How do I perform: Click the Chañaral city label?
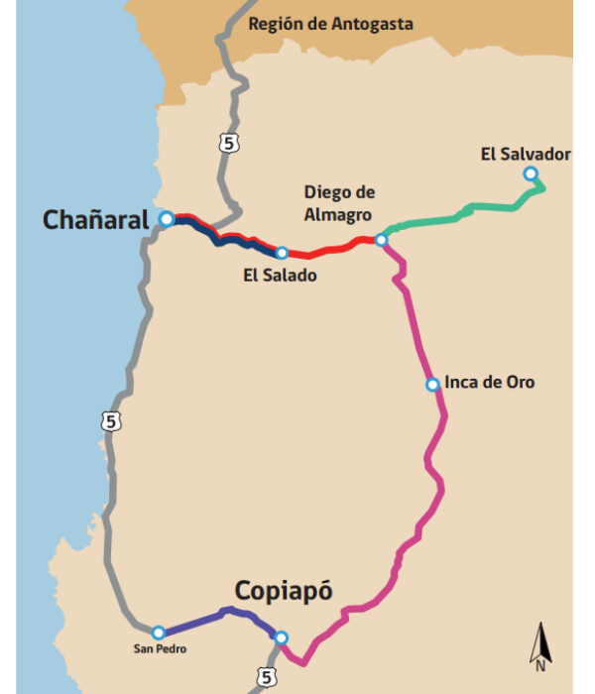click(94, 220)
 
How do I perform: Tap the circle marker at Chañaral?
click(167, 218)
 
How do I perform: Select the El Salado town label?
click(281, 276)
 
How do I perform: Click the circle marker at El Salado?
click(282, 253)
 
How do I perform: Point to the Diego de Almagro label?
click(338, 202)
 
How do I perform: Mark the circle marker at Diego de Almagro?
click(381, 240)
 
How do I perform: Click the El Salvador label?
click(526, 154)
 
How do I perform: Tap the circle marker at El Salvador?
click(531, 173)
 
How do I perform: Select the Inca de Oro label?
click(489, 382)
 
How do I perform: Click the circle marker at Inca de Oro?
click(431, 385)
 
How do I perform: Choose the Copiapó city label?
click(284, 591)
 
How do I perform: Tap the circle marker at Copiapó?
click(281, 637)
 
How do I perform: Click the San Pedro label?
click(159, 650)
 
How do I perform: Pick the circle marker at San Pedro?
click(158, 632)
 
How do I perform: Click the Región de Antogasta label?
click(330, 24)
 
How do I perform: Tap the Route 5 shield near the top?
click(229, 144)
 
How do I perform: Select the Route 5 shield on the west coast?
click(111, 421)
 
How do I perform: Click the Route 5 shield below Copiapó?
click(265, 677)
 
